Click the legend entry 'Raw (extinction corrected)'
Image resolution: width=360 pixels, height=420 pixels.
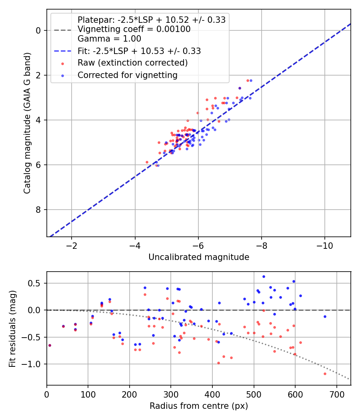coord(132,63)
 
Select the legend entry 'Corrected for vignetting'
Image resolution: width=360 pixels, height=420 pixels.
coord(127,75)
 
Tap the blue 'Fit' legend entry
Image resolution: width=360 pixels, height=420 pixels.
coord(139,51)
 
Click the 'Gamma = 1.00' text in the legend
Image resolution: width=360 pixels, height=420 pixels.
coord(109,39)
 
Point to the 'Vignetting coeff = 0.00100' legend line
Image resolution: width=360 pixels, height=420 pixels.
coord(134,29)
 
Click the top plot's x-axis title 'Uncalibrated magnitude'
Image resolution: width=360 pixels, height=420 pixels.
coord(199,257)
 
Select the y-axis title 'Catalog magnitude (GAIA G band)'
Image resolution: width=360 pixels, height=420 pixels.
coord(27,130)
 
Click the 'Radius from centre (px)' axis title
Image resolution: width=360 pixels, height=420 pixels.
coord(199,406)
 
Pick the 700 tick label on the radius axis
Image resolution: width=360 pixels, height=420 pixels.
coord(336,394)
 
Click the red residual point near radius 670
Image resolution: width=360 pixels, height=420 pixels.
coord(325,374)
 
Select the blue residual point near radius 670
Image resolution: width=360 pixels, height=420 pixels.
coord(325,316)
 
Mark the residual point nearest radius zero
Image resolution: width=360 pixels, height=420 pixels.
coord(50,345)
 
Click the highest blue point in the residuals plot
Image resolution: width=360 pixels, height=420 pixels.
coord(264,276)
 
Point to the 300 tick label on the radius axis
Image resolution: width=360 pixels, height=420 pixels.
coord(171,394)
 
